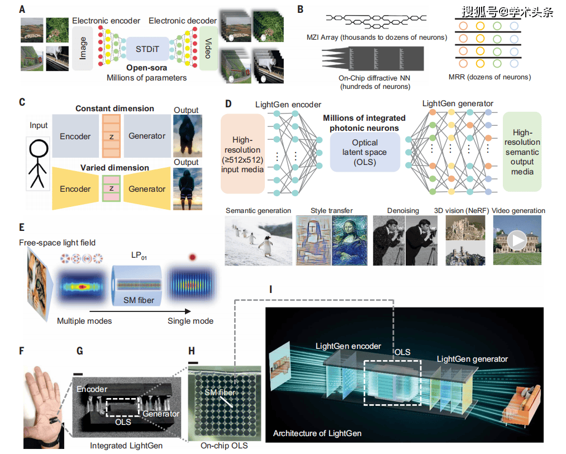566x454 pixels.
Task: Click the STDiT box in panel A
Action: [x=147, y=49]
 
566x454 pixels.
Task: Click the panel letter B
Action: [x=300, y=10]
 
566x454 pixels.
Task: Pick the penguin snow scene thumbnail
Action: [x=259, y=241]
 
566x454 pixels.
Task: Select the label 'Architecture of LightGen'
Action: [x=317, y=433]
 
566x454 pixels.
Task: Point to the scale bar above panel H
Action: [x=194, y=362]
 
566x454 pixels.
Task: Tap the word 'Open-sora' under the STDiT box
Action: [x=146, y=68]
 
